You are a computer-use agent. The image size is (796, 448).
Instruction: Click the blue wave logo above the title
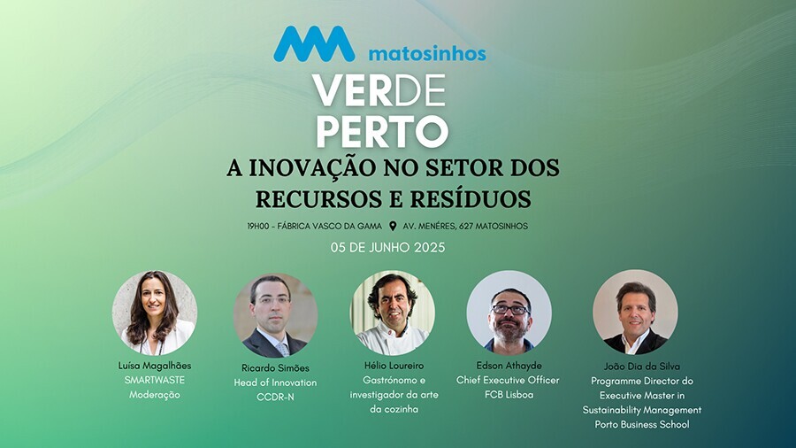314,43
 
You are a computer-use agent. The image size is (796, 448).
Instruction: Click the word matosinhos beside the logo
426,53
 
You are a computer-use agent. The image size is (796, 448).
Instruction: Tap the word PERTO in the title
382,130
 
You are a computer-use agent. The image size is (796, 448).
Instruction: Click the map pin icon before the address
393,226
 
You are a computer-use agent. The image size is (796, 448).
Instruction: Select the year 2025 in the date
428,248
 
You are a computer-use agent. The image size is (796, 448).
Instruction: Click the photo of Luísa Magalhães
154,313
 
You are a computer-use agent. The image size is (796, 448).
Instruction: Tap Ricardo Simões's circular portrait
275,315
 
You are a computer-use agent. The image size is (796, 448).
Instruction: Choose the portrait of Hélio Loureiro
392,313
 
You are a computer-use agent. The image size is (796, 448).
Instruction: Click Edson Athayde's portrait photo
509,313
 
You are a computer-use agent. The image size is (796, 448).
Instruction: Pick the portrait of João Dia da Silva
635,312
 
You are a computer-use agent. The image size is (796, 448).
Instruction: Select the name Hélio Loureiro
393,366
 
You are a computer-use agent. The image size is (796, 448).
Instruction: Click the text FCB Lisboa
509,394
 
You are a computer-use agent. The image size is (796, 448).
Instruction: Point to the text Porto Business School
642,424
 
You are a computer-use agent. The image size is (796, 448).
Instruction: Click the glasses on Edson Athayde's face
510,308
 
